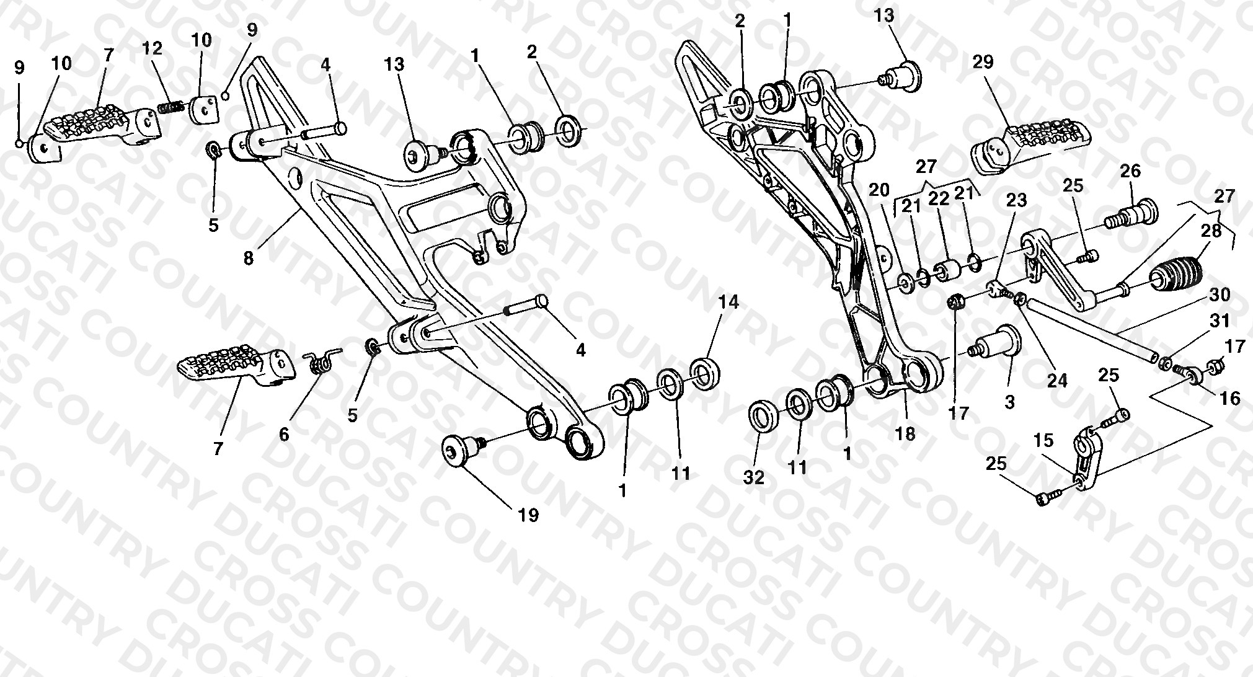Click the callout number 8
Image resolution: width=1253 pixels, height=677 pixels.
pos(249,258)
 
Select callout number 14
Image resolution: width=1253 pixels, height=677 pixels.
pos(729,303)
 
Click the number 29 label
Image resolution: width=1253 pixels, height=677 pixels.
pos(983,62)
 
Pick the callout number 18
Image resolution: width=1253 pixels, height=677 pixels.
pos(905,434)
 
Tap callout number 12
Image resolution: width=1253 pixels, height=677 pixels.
pos(153,48)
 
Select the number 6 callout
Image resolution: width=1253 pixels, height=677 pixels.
pos(284,434)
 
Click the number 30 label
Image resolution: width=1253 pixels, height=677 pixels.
pos(1220,294)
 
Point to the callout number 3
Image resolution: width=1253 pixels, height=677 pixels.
pos(1010,402)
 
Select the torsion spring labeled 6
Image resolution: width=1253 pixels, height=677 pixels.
pos(322,360)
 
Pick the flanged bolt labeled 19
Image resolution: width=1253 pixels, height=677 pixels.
pos(463,449)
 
